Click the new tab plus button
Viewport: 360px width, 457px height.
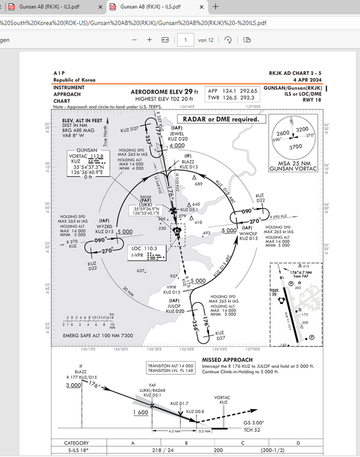click(215, 7)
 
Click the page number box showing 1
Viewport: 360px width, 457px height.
click(185, 39)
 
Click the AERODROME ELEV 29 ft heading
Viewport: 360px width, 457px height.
click(165, 91)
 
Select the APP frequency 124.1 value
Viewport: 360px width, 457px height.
click(229, 91)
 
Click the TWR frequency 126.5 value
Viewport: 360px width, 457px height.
click(229, 98)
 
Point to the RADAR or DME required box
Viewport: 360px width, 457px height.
click(225, 119)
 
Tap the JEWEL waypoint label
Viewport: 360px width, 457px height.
click(177, 134)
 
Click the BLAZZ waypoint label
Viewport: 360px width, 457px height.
click(188, 162)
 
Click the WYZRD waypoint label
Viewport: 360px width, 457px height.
click(105, 227)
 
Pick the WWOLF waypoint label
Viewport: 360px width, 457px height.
click(250, 233)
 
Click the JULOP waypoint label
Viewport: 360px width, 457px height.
click(174, 306)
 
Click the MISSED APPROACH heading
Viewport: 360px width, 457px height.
click(227, 360)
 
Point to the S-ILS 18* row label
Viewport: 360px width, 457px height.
click(76, 451)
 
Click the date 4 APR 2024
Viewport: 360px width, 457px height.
click(307, 80)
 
